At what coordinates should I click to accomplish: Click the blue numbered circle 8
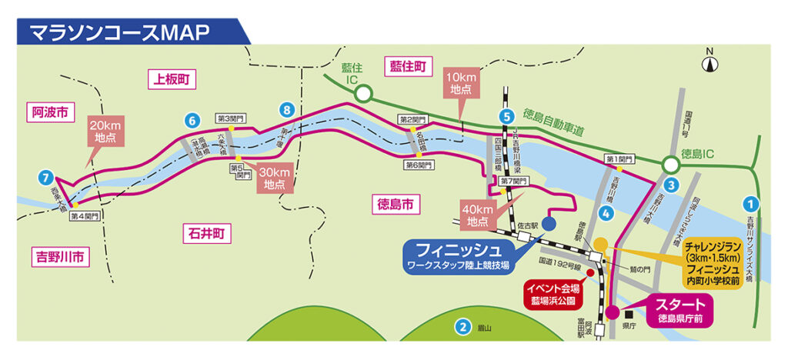[287, 110]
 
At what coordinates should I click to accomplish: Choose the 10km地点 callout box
[461, 82]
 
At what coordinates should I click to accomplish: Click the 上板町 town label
[171, 78]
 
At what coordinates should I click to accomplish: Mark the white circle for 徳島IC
[670, 164]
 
